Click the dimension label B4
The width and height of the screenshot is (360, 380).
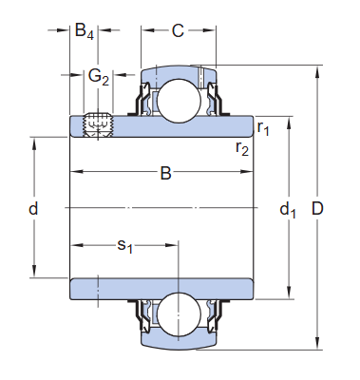[85, 30]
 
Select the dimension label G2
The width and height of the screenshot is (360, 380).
[99, 77]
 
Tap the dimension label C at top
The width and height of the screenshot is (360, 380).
[178, 30]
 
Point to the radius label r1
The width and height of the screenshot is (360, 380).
[264, 126]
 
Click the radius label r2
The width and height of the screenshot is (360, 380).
[243, 147]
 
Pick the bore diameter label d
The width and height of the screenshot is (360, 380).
[33, 208]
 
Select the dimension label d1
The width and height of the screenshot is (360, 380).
[288, 210]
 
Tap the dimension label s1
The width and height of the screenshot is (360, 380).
[124, 246]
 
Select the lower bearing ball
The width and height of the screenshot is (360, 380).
[177, 314]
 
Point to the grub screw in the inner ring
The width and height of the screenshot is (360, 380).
[98, 126]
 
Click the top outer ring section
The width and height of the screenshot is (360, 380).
[178, 72]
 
